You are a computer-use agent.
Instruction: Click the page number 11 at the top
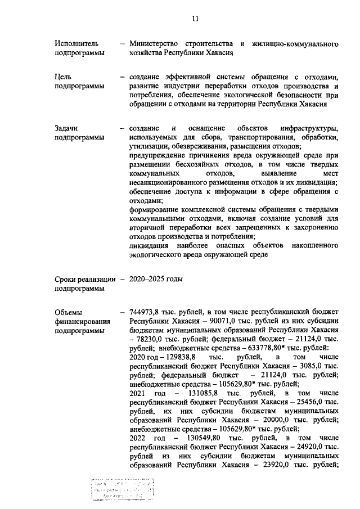point(195,19)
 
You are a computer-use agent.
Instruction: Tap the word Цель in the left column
point(63,76)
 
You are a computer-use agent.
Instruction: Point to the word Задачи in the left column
point(67,129)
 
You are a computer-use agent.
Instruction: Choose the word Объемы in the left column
point(69,312)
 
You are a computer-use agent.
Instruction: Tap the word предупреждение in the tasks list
point(159,155)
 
